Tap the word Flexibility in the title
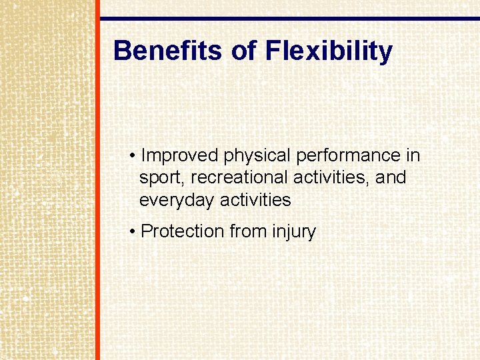click(329, 51)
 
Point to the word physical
click(257, 156)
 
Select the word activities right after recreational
click(335, 178)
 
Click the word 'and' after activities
click(391, 178)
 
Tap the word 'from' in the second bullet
click(248, 231)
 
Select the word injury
click(294, 232)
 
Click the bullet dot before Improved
click(133, 157)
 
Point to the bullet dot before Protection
click(133, 232)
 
